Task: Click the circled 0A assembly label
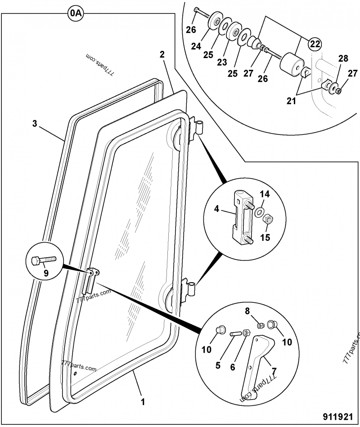coord(76,14)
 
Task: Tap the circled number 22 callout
coord(315,44)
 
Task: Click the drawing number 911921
coord(338,415)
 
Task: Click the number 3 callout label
coord(35,124)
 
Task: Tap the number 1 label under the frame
coord(143,400)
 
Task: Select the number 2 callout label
coord(162,54)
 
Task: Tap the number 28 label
coord(343,59)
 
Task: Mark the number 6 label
coord(233,367)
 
